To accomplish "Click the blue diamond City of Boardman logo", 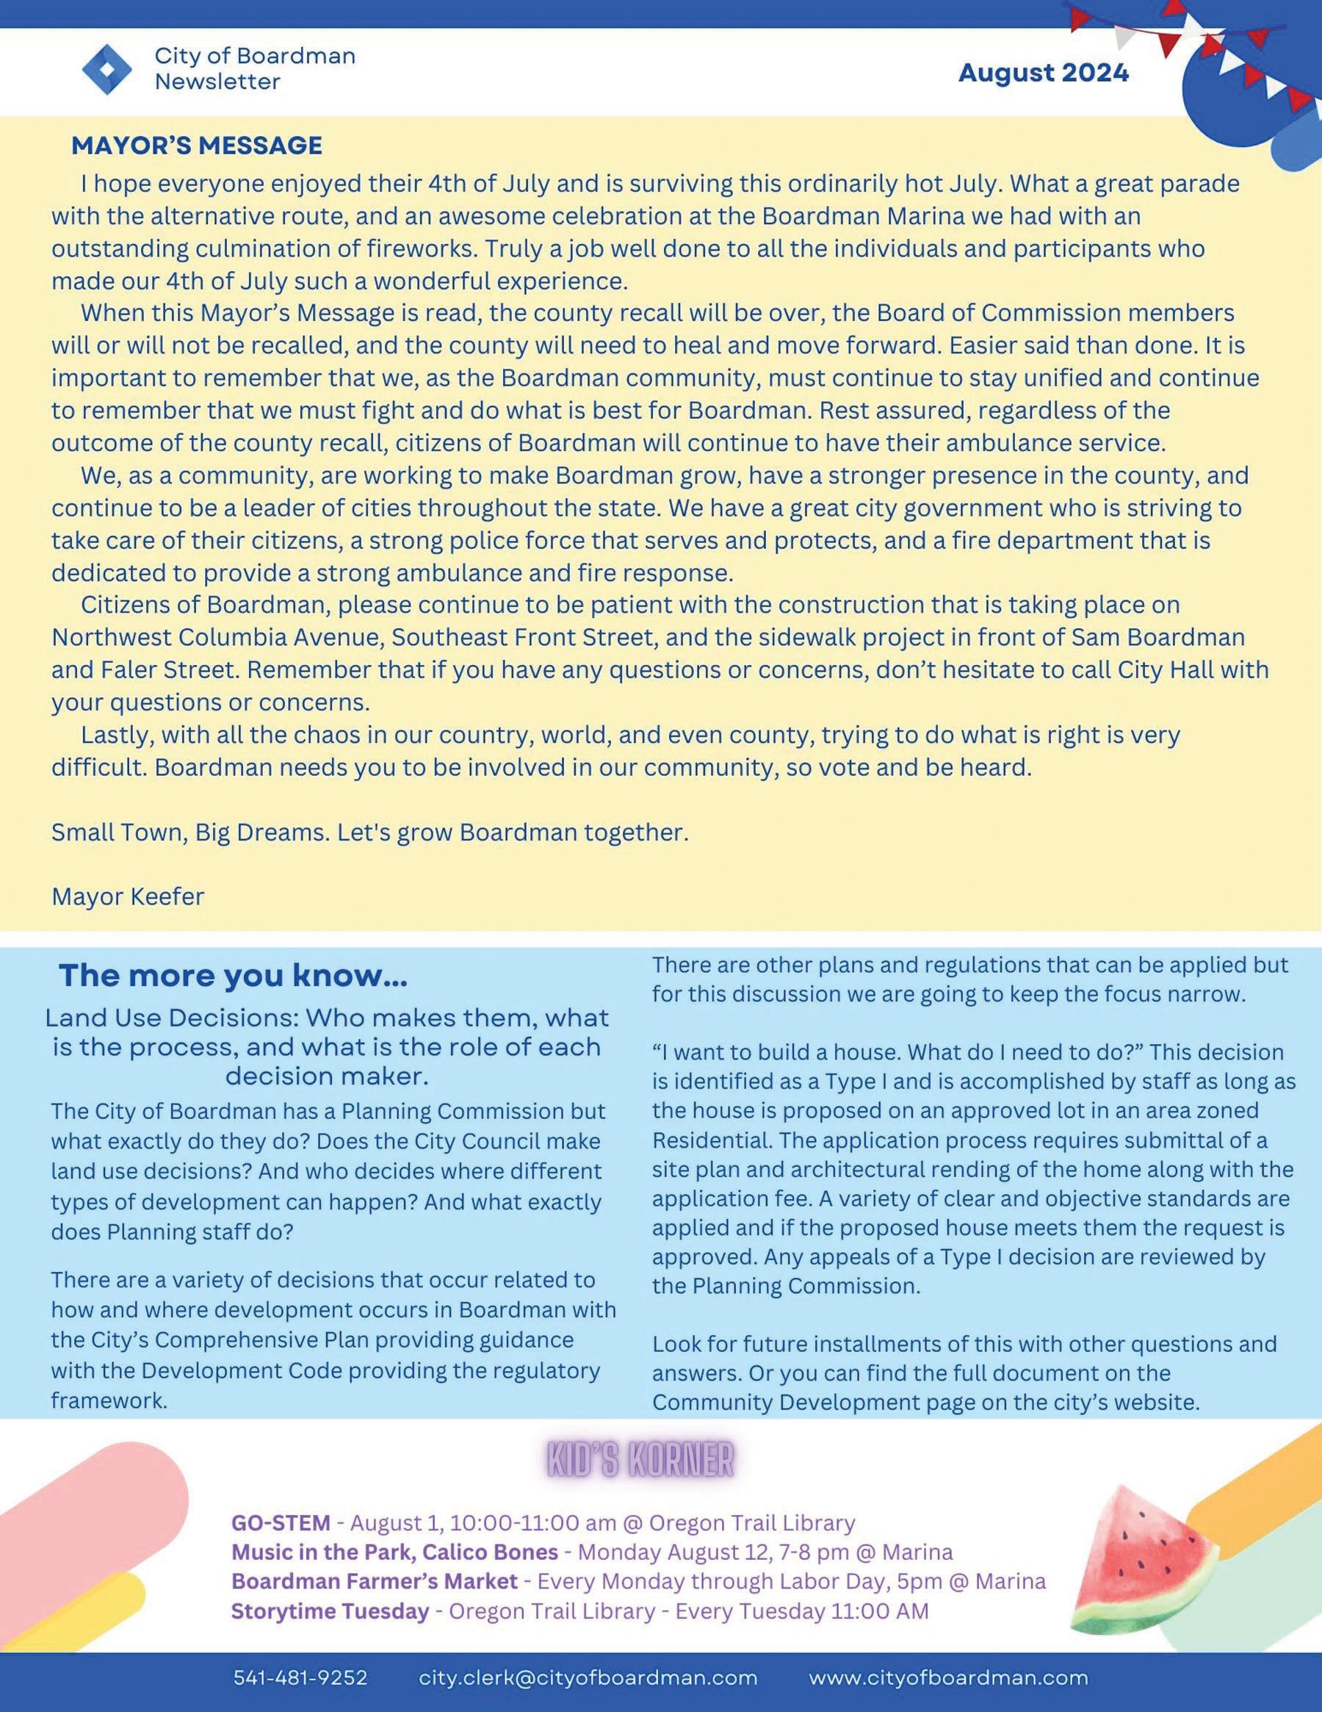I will (x=108, y=70).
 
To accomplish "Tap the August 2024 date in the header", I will (x=1043, y=73).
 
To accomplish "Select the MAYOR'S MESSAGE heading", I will (x=197, y=145).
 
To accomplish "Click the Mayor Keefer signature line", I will (x=128, y=896).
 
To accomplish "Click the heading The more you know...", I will (x=233, y=976).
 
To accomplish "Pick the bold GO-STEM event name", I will (x=281, y=1522).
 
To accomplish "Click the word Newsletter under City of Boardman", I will (x=217, y=82).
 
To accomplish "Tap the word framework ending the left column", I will (x=109, y=1400).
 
